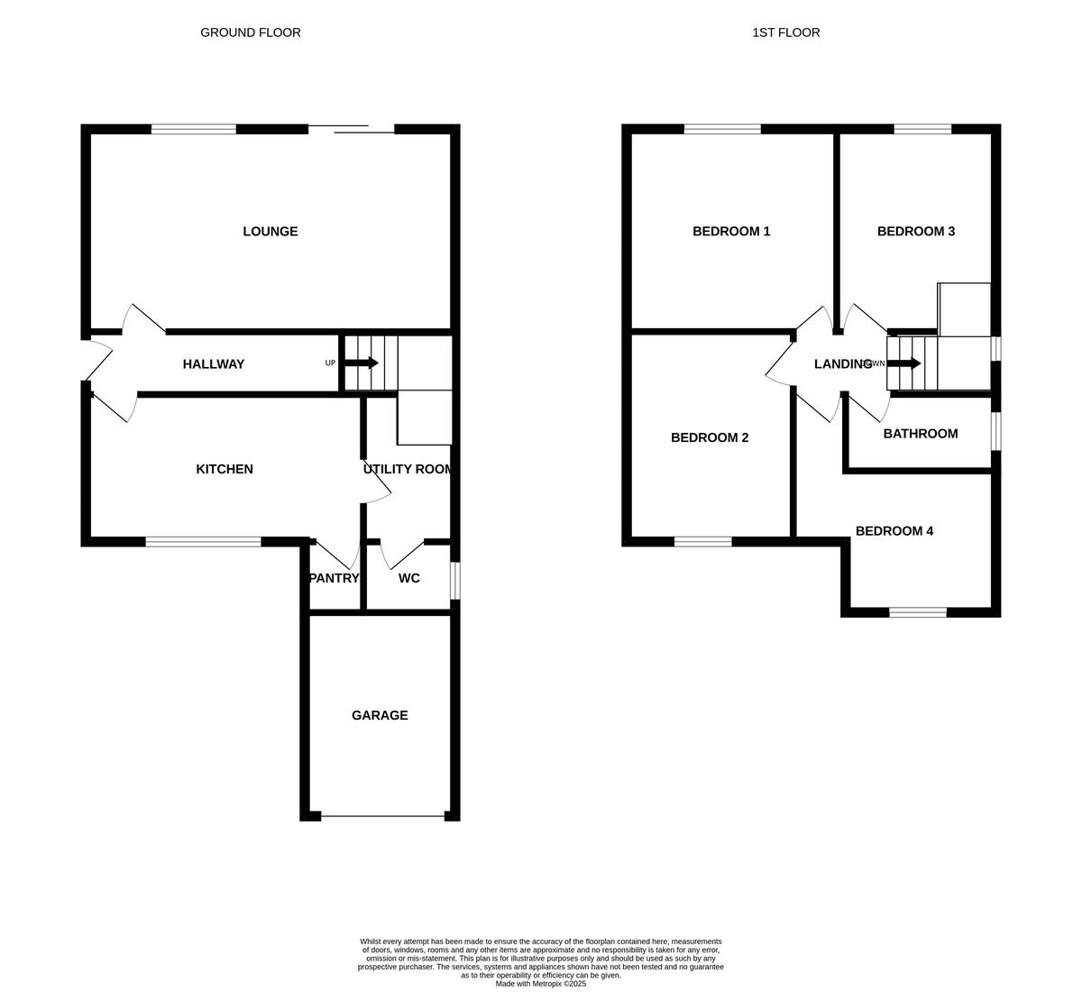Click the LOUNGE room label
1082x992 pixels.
pyautogui.click(x=270, y=232)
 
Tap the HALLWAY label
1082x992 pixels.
pyautogui.click(x=214, y=364)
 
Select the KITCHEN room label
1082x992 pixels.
pyautogui.click(x=225, y=469)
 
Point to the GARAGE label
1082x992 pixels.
pyautogui.click(x=380, y=715)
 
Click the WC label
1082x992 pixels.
pyautogui.click(x=408, y=578)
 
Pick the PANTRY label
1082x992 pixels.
pyautogui.click(x=335, y=578)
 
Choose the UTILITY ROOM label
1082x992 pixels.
pyautogui.click(x=408, y=469)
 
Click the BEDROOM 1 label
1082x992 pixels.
pyautogui.click(x=731, y=232)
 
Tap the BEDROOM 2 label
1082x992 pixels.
pyautogui.click(x=710, y=437)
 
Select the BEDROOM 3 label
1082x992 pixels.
pyautogui.click(x=916, y=232)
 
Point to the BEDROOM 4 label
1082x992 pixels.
pyautogui.click(x=894, y=531)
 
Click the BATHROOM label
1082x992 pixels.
pyautogui.click(x=921, y=434)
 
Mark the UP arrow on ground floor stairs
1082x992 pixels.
pyautogui.click(x=362, y=363)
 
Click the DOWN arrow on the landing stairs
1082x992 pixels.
pyautogui.click(x=903, y=363)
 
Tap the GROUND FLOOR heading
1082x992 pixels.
pyautogui.click(x=251, y=32)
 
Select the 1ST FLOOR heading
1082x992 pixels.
pyautogui.click(x=786, y=32)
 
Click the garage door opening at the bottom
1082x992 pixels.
pyautogui.click(x=382, y=817)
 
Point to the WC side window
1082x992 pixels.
pyautogui.click(x=455, y=581)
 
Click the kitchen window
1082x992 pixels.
pyautogui.click(x=203, y=542)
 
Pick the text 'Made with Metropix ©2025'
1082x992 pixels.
pyautogui.click(x=541, y=984)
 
